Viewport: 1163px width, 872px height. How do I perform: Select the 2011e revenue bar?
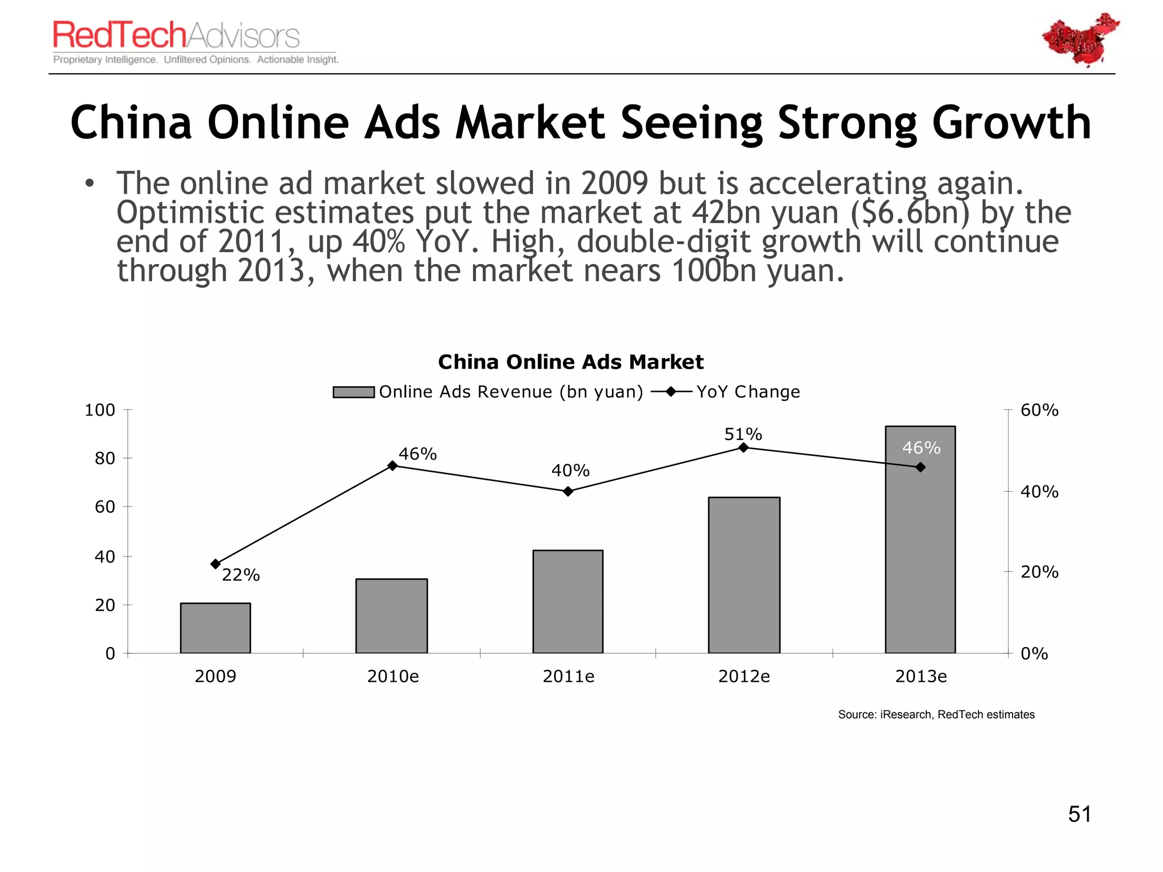pos(567,602)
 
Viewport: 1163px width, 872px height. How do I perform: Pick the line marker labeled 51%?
pos(743,448)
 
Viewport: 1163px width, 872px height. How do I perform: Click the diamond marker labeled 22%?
pos(215,564)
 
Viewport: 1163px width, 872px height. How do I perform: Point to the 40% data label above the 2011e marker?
pos(570,471)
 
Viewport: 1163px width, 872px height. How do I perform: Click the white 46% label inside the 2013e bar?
pos(921,448)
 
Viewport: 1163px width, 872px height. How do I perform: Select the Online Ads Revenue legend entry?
pos(488,392)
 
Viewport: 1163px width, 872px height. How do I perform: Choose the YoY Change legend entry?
pos(727,392)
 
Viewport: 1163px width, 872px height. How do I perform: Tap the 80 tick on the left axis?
pos(105,458)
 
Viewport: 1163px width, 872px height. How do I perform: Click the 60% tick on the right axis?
pos(1039,410)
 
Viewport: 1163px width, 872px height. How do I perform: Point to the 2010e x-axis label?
pos(393,676)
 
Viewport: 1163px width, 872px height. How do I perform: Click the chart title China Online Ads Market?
pos(571,362)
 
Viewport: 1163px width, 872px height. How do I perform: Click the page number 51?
pos(1080,814)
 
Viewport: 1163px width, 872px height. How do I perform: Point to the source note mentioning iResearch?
pos(936,714)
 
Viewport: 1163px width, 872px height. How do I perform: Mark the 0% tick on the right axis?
pos(1034,653)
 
